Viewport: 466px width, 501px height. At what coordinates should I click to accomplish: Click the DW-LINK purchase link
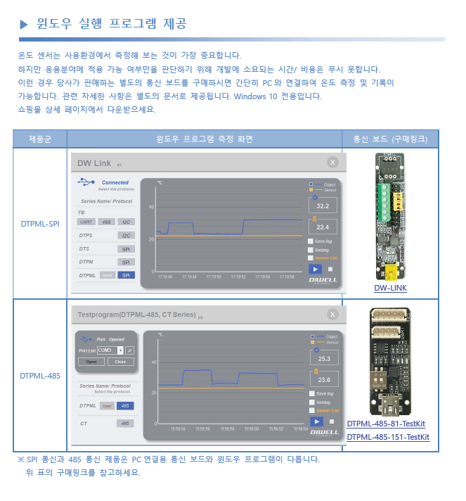(x=390, y=288)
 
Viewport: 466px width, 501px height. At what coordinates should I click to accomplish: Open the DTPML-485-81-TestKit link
(x=386, y=424)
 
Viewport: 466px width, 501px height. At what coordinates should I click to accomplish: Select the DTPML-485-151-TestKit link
(x=387, y=437)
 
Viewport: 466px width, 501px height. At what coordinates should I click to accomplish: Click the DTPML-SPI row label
(x=40, y=224)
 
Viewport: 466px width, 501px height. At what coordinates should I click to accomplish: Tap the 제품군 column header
(x=40, y=139)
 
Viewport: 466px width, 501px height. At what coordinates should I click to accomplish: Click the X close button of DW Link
(x=332, y=163)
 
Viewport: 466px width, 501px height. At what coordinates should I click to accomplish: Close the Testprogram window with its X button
(x=332, y=315)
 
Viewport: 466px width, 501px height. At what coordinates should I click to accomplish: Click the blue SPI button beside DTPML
(x=126, y=275)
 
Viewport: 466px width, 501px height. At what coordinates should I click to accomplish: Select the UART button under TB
(x=87, y=222)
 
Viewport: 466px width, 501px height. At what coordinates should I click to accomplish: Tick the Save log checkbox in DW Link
(x=310, y=241)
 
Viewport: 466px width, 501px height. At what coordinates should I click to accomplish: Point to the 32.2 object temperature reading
(x=323, y=206)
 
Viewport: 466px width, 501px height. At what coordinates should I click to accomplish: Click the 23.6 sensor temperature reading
(x=323, y=380)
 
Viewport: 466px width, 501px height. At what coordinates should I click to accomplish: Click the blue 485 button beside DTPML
(x=125, y=405)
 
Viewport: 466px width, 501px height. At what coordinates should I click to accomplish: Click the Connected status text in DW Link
(x=115, y=182)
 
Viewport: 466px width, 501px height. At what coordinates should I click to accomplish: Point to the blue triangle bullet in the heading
(x=24, y=25)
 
